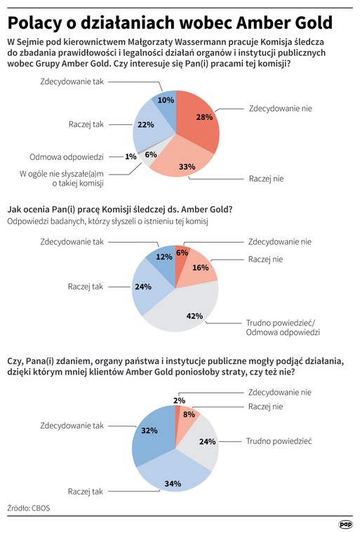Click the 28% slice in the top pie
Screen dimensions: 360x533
[199, 119]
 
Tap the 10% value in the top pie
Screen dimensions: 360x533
[166, 100]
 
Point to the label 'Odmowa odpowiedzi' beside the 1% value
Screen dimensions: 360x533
[67, 156]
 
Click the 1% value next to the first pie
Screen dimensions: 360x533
[131, 156]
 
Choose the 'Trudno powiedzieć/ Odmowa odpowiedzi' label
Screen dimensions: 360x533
[283, 328]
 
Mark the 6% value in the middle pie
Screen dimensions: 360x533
[182, 252]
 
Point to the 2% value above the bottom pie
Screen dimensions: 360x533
[179, 400]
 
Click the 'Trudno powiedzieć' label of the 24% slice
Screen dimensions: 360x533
[279, 441]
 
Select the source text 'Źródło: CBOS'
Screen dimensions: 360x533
[29, 508]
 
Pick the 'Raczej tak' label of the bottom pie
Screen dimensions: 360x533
[86, 492]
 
